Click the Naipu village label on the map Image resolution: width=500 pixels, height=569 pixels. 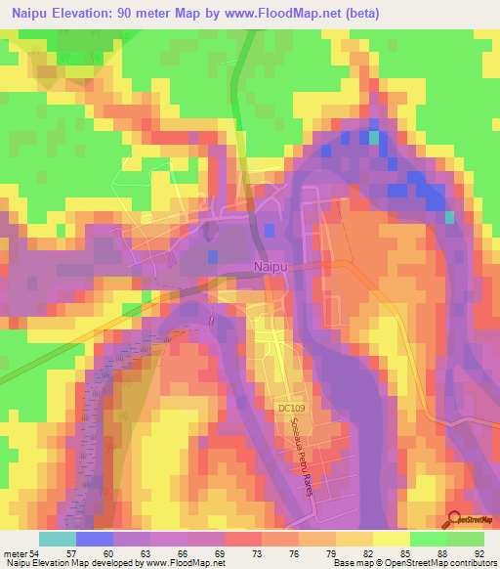271,265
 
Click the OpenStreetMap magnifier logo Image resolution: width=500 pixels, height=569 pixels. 453,520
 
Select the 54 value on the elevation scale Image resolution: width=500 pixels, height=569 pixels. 36,552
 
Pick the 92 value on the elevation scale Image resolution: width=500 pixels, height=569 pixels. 478,552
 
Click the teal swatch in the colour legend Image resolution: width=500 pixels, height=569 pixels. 59,539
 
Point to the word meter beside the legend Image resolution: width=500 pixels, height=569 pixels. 16,552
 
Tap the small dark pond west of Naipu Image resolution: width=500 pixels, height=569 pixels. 212,256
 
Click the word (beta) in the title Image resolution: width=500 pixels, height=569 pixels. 358,14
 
